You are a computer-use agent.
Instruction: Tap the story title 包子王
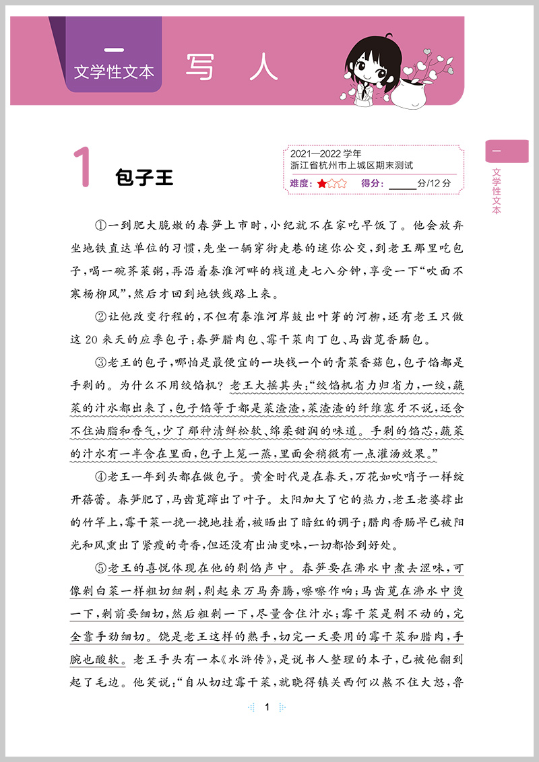point(144,178)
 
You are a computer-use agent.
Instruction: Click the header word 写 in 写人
point(202,67)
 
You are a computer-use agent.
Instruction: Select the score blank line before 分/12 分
point(403,184)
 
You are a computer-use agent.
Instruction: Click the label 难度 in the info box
point(300,183)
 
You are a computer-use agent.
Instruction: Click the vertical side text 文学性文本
point(497,190)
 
